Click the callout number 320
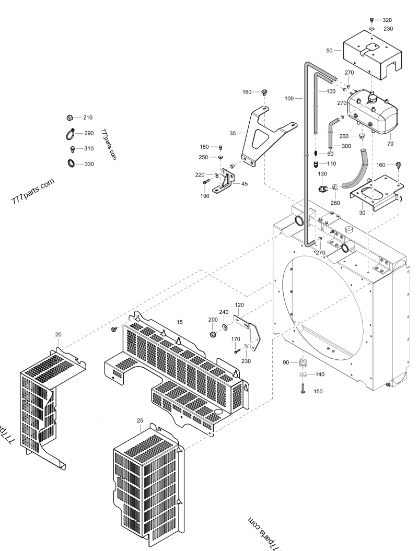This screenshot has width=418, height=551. click(x=388, y=20)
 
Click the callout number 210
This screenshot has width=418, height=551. click(x=88, y=118)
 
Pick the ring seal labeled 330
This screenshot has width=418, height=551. click(x=71, y=164)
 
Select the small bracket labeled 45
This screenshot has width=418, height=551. click(x=229, y=180)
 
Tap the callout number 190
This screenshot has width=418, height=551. click(x=205, y=196)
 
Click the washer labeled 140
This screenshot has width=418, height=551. click(x=303, y=375)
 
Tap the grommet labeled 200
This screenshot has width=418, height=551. click(x=213, y=334)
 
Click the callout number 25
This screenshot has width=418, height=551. click(x=140, y=420)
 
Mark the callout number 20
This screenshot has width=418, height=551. click(x=58, y=334)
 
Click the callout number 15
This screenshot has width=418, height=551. click(x=179, y=323)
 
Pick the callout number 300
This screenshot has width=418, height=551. click(x=346, y=146)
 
